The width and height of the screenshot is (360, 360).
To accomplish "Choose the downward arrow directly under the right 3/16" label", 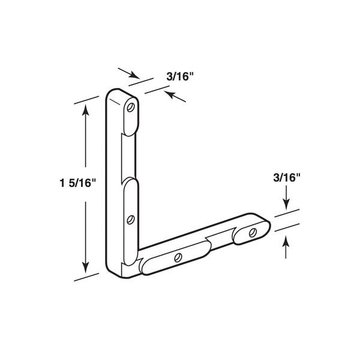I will (286, 200).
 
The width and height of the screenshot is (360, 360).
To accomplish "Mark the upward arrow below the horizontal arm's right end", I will (286, 243).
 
